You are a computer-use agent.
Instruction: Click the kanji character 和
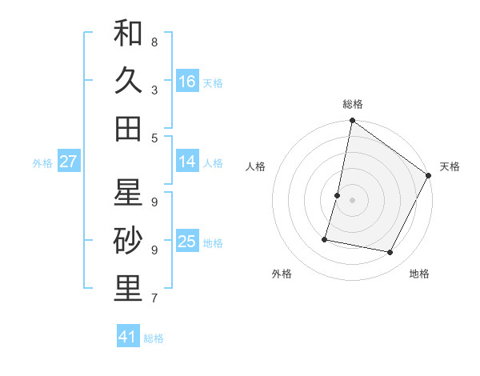click(128, 34)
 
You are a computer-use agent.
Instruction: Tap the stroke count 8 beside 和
click(154, 42)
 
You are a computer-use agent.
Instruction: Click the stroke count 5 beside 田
click(154, 138)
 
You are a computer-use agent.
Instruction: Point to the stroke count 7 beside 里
click(154, 298)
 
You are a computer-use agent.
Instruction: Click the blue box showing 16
click(187, 82)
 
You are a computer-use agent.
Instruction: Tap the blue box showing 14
click(187, 162)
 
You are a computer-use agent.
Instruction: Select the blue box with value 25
click(187, 242)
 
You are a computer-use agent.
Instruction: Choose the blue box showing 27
click(68, 162)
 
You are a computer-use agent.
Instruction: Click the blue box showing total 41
click(128, 337)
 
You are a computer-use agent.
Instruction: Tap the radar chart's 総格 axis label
click(353, 104)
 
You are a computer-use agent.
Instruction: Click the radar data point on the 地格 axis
click(390, 253)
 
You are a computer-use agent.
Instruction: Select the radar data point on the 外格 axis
click(326, 239)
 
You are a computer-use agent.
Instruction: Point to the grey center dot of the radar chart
click(353, 200)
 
